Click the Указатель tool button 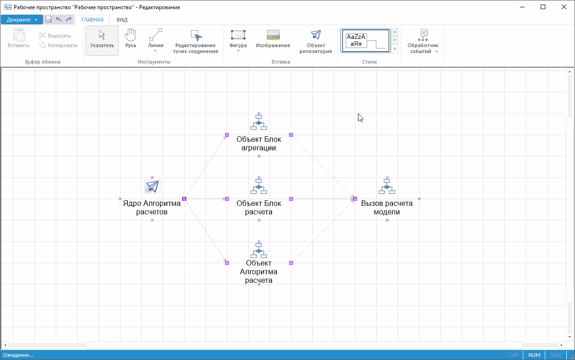click(102, 40)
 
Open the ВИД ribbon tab click(122, 20)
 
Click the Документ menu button click(22, 20)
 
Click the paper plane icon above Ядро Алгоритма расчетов click(152, 186)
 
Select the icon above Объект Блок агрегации click(259, 123)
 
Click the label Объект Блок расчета click(259, 208)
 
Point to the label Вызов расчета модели click(387, 208)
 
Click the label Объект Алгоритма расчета click(259, 272)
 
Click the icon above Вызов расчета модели click(387, 186)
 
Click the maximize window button click(542, 7)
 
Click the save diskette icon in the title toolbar click(49, 20)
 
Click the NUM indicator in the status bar click(534, 355)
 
